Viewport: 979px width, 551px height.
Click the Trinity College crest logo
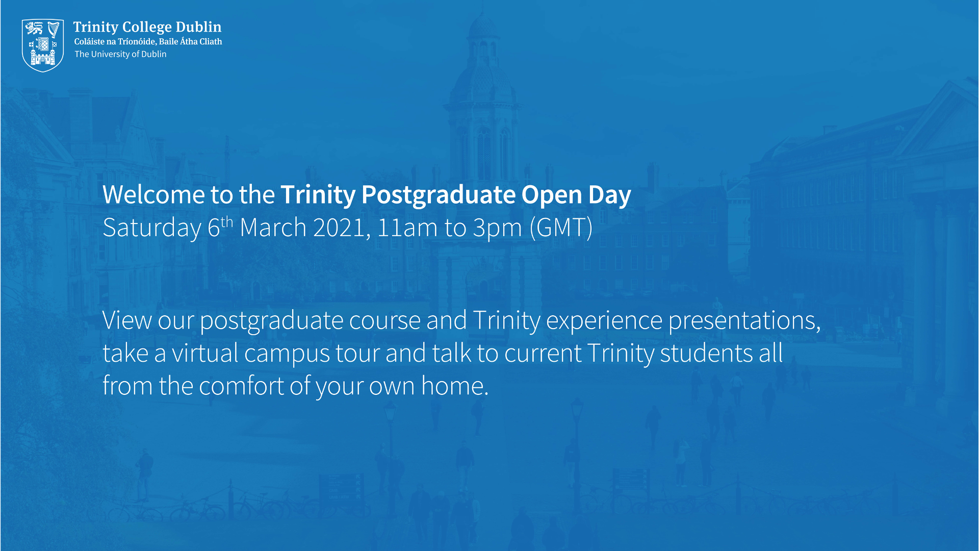click(x=43, y=45)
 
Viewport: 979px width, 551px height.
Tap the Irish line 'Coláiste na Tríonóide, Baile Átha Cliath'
click(x=148, y=42)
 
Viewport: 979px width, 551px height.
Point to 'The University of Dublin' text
click(x=120, y=54)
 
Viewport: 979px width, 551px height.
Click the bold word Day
click(x=609, y=195)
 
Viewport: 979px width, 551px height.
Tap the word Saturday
click(x=152, y=228)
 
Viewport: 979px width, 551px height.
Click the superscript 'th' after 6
click(x=227, y=222)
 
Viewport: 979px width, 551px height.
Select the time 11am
click(x=407, y=228)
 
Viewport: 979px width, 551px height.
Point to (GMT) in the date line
click(x=561, y=228)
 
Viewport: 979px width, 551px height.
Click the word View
click(x=127, y=320)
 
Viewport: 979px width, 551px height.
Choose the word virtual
click(x=205, y=353)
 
